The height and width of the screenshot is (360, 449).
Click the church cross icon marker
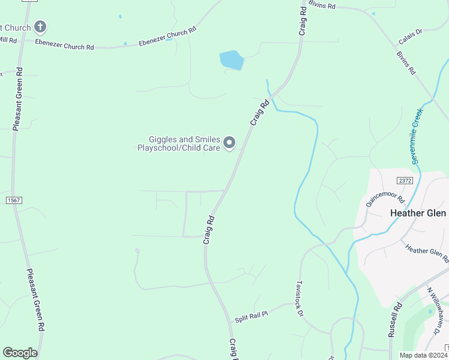pos(40,27)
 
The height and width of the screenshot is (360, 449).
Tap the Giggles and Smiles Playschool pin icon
pos(229,143)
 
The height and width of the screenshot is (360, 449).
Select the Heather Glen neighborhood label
pos(418,213)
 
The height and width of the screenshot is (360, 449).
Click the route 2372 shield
pos(405,180)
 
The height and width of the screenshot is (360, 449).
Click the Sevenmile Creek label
pos(418,136)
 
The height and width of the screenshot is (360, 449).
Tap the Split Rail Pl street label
pos(251,313)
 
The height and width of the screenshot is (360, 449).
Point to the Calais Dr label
pos(411,37)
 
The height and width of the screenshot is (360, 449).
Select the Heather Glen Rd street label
pos(426,253)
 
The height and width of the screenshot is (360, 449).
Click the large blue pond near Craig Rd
pos(232,60)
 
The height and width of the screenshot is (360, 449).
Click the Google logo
pos(20,353)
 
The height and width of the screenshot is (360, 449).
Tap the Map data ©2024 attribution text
pos(422,355)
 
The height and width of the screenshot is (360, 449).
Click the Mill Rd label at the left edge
pos(8,40)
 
